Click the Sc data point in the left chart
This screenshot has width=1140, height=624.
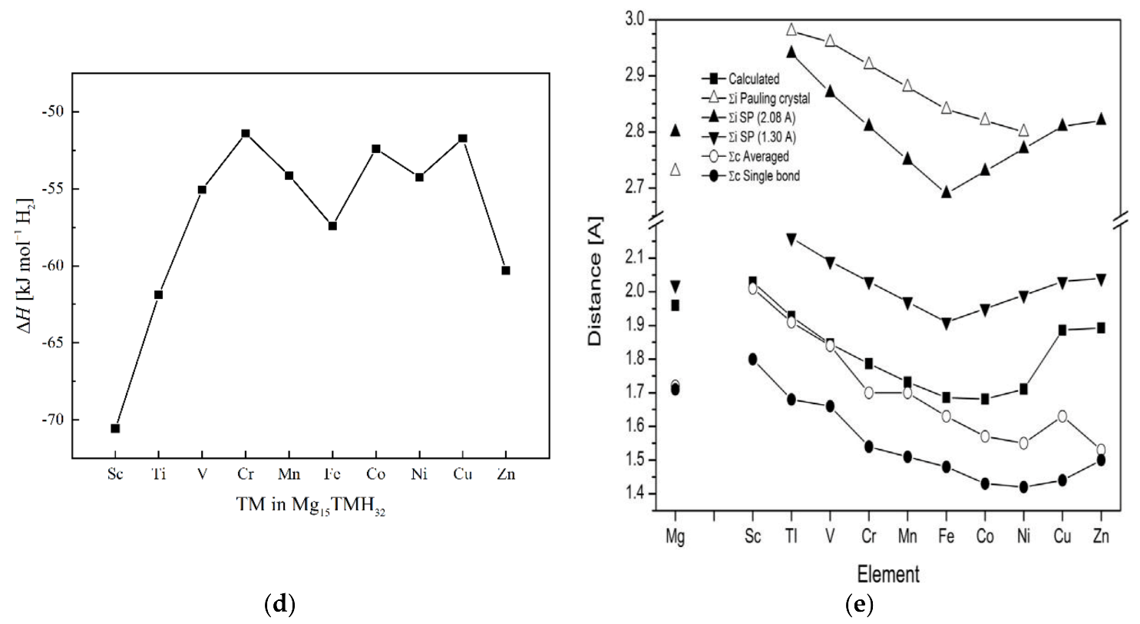[x=115, y=428]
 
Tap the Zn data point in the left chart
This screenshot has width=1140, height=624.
[x=505, y=271]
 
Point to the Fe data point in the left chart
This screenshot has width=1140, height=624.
[x=332, y=226]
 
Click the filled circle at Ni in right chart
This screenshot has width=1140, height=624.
[x=1023, y=486]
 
